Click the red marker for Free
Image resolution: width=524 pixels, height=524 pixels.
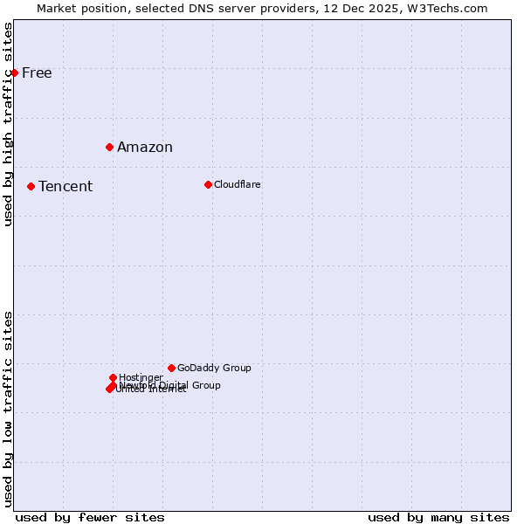pos(15,72)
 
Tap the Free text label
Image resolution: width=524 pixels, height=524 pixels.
pos(37,72)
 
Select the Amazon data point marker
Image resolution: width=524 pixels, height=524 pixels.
pos(109,147)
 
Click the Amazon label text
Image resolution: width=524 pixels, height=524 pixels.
pos(145,147)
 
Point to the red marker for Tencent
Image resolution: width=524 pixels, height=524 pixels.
pos(31,186)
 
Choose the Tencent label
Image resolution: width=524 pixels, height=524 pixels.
pos(65,186)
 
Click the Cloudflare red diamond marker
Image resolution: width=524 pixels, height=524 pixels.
pos(208,184)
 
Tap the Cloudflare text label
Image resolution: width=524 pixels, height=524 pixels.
pos(238,184)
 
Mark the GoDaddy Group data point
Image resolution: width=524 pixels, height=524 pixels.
pos(171,368)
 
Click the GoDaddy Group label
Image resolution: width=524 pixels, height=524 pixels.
pos(214,368)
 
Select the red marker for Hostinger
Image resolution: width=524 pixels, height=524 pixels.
pos(113,377)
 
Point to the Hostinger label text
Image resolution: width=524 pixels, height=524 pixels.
pos(141,377)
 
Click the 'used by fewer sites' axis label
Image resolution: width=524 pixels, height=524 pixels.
pos(90,517)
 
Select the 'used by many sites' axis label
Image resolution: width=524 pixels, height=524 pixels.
pos(438,517)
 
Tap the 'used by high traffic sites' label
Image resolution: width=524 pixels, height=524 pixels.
pos(8,124)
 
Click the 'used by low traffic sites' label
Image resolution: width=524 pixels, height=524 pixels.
pos(8,409)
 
